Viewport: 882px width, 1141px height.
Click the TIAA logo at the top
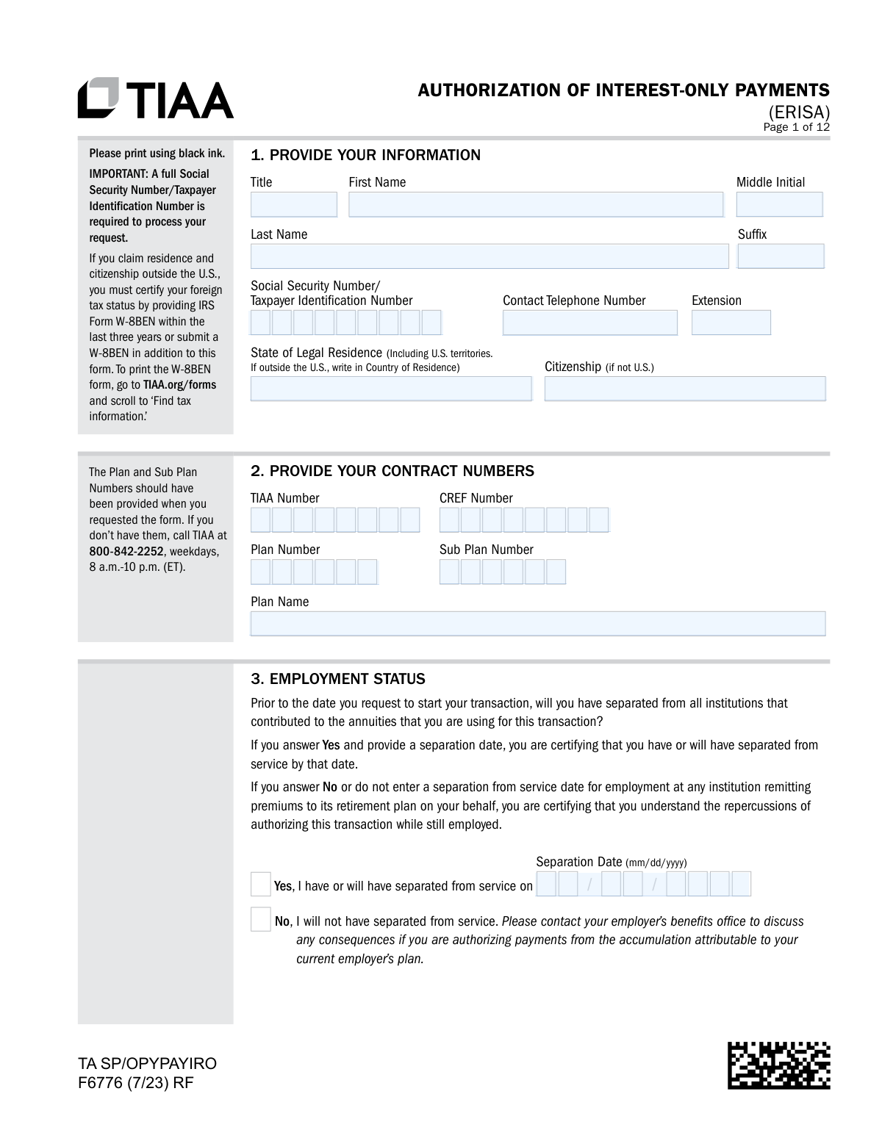(156, 98)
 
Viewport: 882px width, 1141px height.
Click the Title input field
(293, 204)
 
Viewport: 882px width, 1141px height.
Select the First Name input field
(536, 204)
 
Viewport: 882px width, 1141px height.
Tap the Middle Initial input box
(779, 204)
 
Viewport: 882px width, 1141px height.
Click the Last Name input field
(490, 256)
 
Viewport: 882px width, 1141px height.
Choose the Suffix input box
(781, 256)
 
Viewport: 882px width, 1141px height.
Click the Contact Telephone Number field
(589, 323)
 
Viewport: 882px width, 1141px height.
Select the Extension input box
(731, 323)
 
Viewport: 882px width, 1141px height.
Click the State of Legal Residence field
(390, 389)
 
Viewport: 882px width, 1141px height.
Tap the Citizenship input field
(684, 389)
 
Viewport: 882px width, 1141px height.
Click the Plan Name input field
(537, 624)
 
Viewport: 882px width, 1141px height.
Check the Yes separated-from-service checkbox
(261, 884)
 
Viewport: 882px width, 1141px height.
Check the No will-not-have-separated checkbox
(261, 919)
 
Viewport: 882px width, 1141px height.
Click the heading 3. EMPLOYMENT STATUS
(338, 679)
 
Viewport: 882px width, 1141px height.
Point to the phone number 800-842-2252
(126, 551)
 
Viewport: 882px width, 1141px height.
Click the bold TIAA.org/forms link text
(179, 385)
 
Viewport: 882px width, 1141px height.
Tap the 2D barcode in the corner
(778, 1065)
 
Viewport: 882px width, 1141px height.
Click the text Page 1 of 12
(796, 127)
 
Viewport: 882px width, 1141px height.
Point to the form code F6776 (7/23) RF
(136, 1083)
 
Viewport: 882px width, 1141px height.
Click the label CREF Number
(476, 498)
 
